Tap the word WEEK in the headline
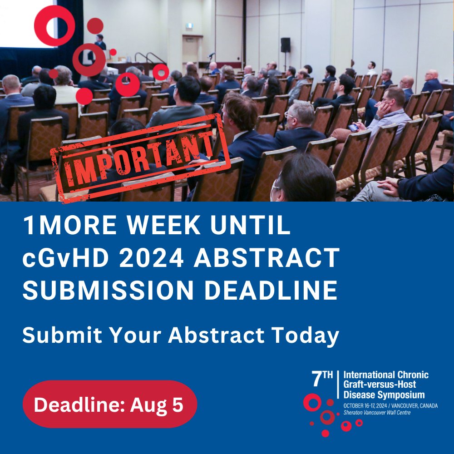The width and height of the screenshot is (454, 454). click(184, 226)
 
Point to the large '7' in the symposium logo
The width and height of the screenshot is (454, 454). click(316, 379)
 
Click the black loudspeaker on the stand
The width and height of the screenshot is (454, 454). click(285, 44)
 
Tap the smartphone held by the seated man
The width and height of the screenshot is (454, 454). click(353, 128)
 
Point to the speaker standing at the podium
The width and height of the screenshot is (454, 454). click(100, 43)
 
